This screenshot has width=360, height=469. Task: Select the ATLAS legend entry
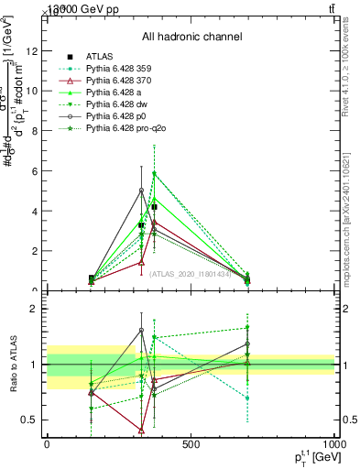(x=100, y=56)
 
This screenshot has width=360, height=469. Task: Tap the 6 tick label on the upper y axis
(x=34, y=171)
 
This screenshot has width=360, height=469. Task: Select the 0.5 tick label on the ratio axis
(x=30, y=420)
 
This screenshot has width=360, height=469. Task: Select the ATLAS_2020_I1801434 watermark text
(x=190, y=273)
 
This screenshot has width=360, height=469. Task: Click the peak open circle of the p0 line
(x=141, y=190)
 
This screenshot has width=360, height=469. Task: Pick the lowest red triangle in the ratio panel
(x=141, y=430)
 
